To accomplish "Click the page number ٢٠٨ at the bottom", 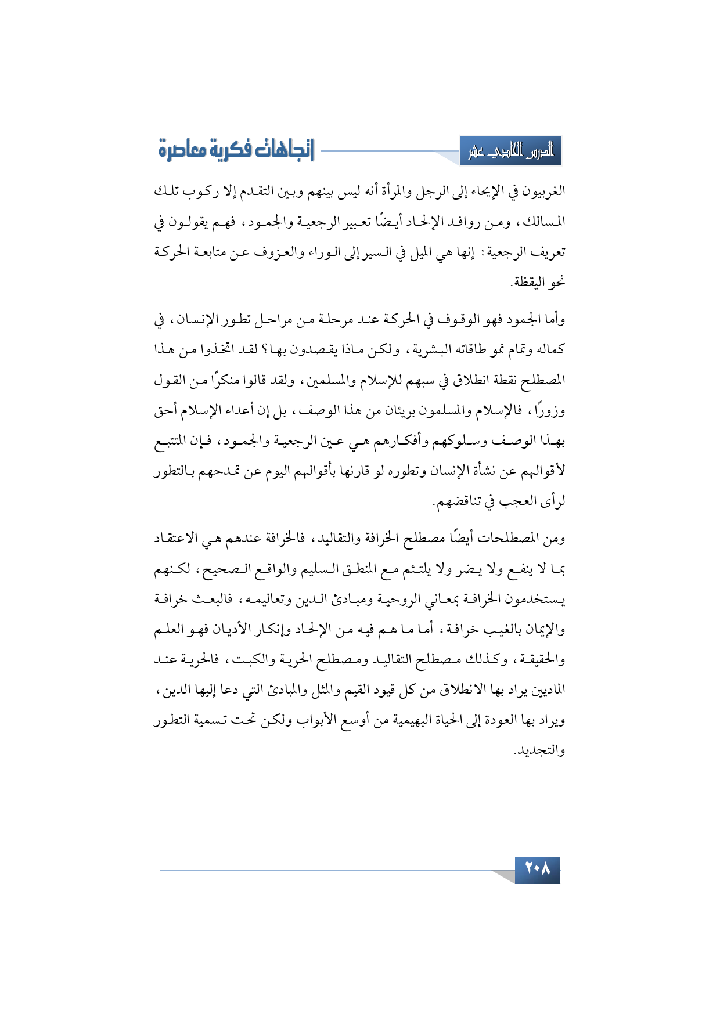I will point(537,869).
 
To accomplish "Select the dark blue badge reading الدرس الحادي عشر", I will point(510,151).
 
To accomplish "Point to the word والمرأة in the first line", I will point(413,191).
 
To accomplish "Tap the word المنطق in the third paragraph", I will point(393,569).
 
